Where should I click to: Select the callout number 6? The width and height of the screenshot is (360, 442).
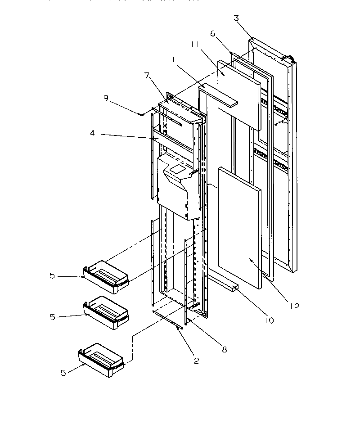pyautogui.click(x=213, y=33)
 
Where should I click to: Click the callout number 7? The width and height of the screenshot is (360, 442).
pyautogui.click(x=146, y=75)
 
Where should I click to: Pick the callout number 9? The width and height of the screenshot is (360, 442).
pyautogui.click(x=106, y=98)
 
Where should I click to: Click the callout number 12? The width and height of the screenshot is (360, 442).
pyautogui.click(x=294, y=307)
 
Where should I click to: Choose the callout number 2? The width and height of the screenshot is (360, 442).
pyautogui.click(x=196, y=360)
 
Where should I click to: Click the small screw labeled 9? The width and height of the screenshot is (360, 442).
pyautogui.click(x=142, y=114)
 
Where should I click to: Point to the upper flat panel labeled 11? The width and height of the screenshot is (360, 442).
pyautogui.click(x=238, y=92)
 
